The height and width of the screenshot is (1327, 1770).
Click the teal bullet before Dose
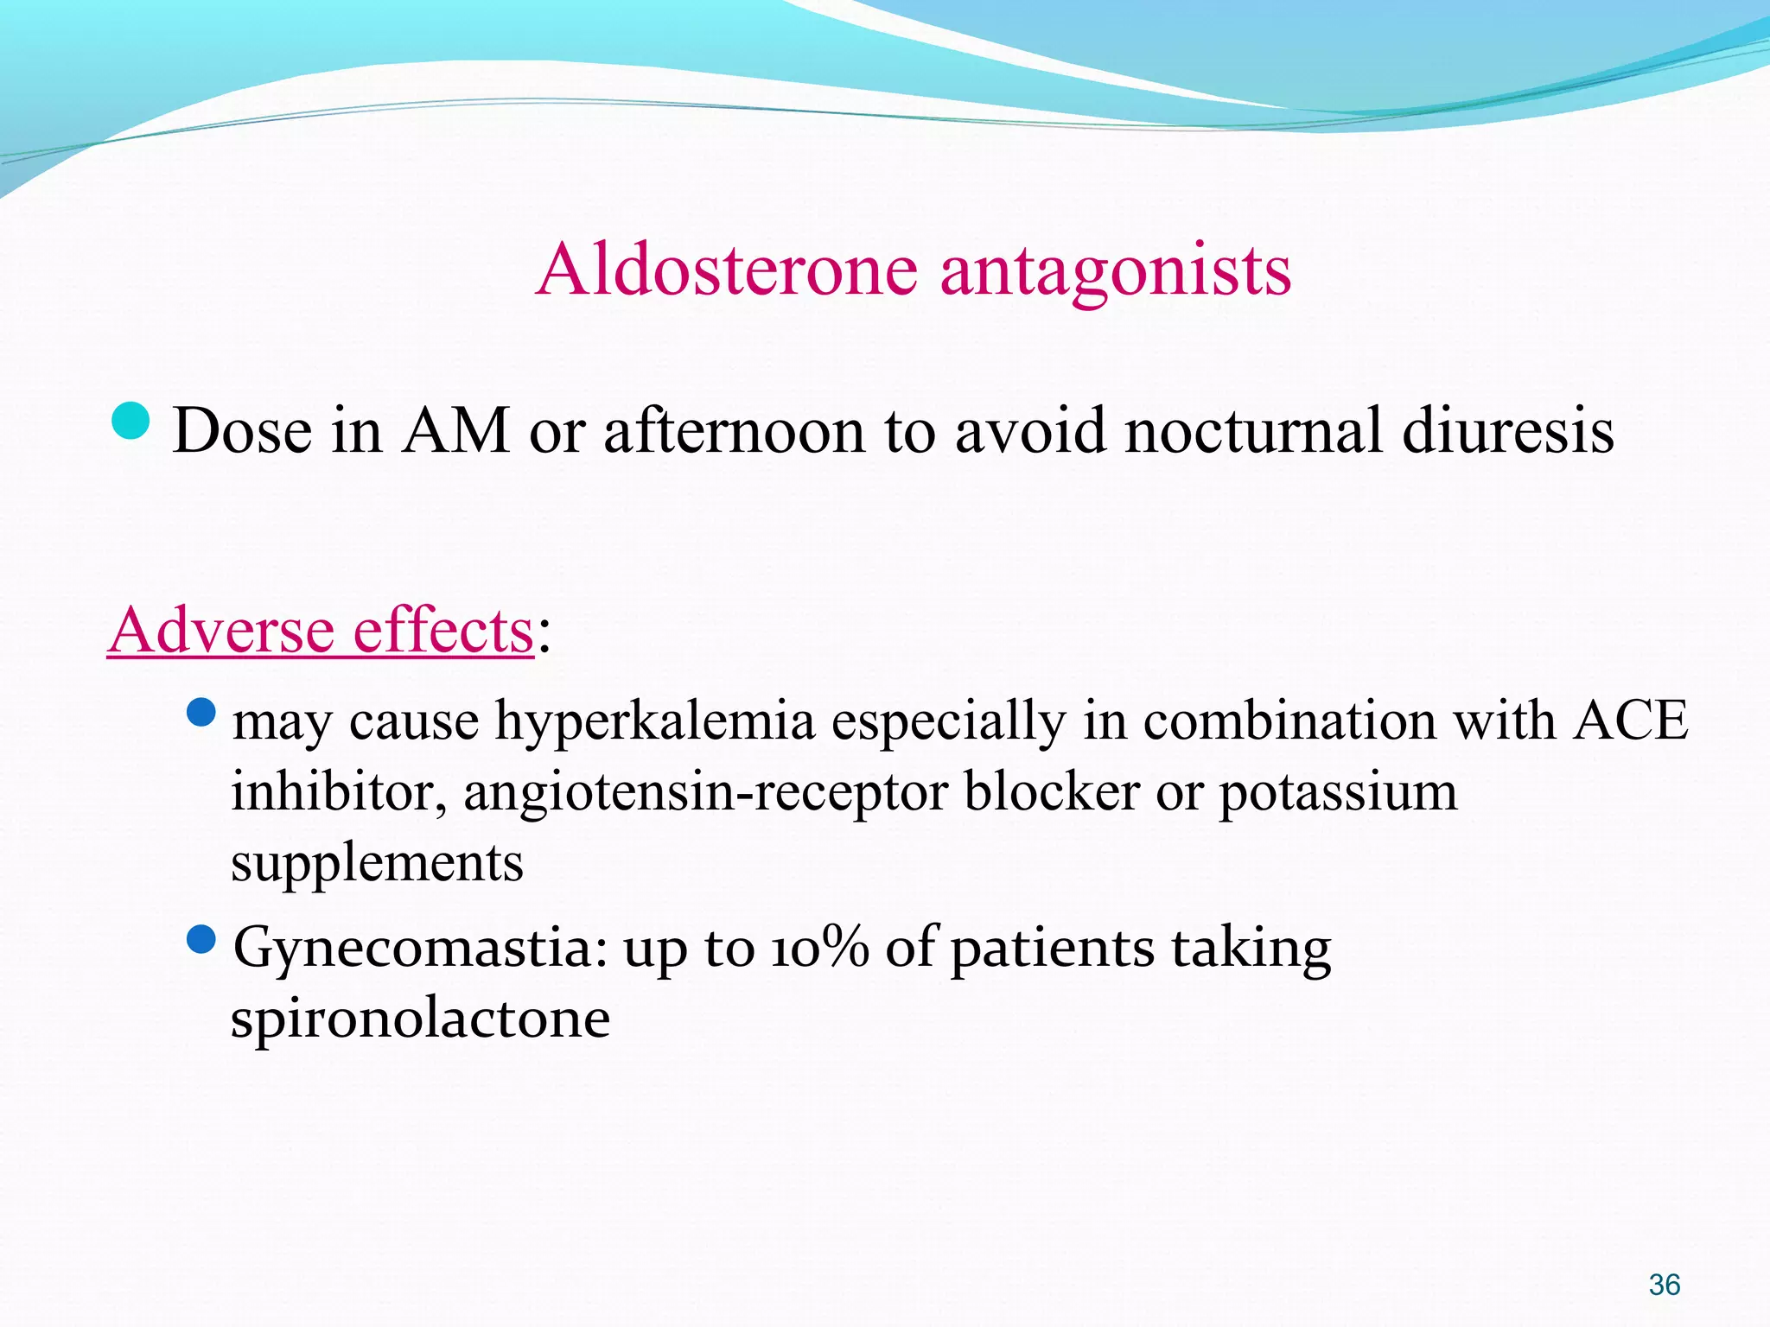(x=131, y=422)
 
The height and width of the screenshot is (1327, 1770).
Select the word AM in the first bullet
(x=455, y=431)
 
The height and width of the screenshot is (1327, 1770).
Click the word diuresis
(x=1507, y=431)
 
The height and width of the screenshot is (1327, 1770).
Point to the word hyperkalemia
(x=654, y=722)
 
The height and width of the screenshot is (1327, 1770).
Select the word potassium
(x=1338, y=793)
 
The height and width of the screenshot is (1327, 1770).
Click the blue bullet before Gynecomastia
(x=201, y=939)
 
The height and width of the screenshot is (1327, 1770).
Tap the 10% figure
(x=820, y=948)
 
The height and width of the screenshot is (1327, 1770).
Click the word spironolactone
(x=420, y=1019)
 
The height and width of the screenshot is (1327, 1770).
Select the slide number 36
(x=1664, y=1285)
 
